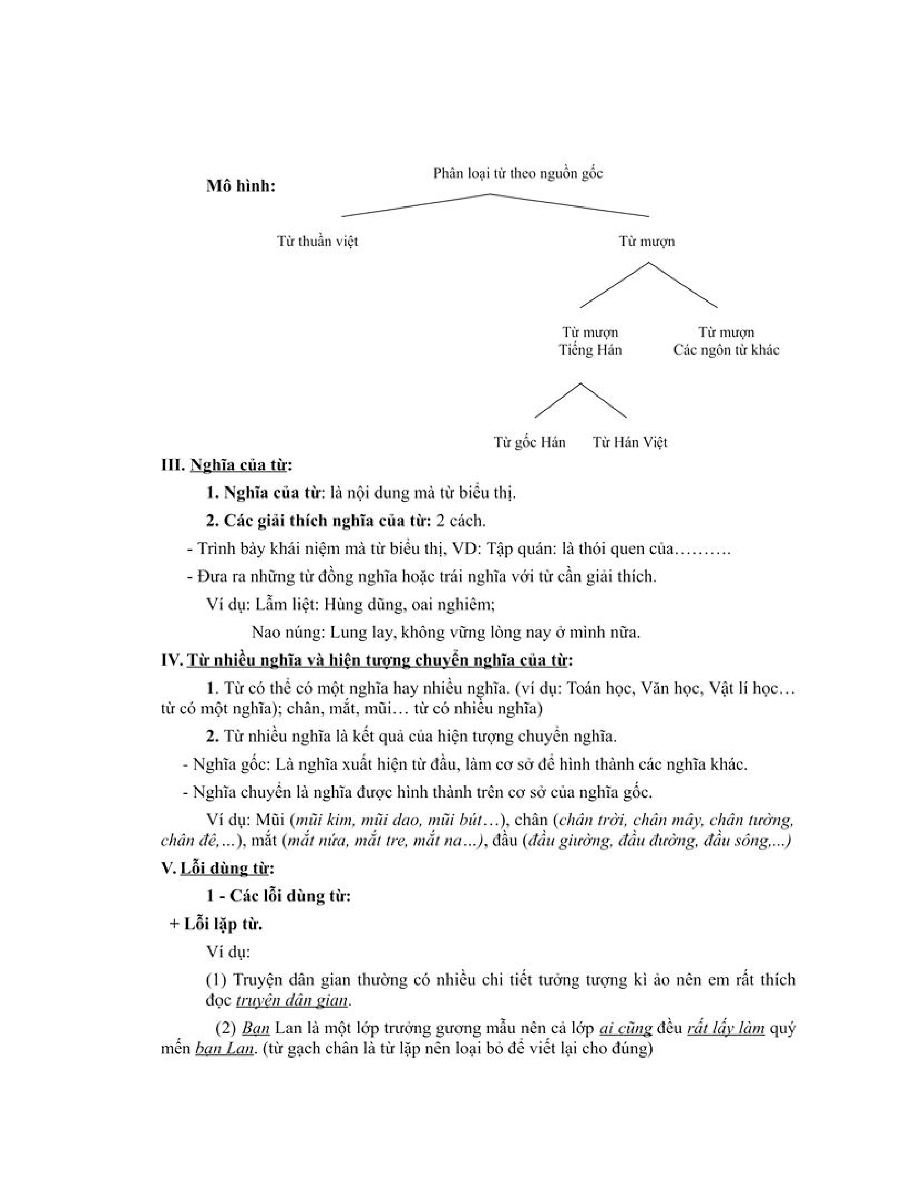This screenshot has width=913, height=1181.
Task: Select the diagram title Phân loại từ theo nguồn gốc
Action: pyautogui.click(x=518, y=174)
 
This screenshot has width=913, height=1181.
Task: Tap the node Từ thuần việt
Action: pyautogui.click(x=318, y=241)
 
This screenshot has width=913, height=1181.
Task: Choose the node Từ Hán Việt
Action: pyautogui.click(x=630, y=442)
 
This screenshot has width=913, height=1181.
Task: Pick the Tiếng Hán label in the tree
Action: pyautogui.click(x=590, y=350)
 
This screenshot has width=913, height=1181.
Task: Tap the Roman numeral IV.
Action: pyautogui.click(x=172, y=661)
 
